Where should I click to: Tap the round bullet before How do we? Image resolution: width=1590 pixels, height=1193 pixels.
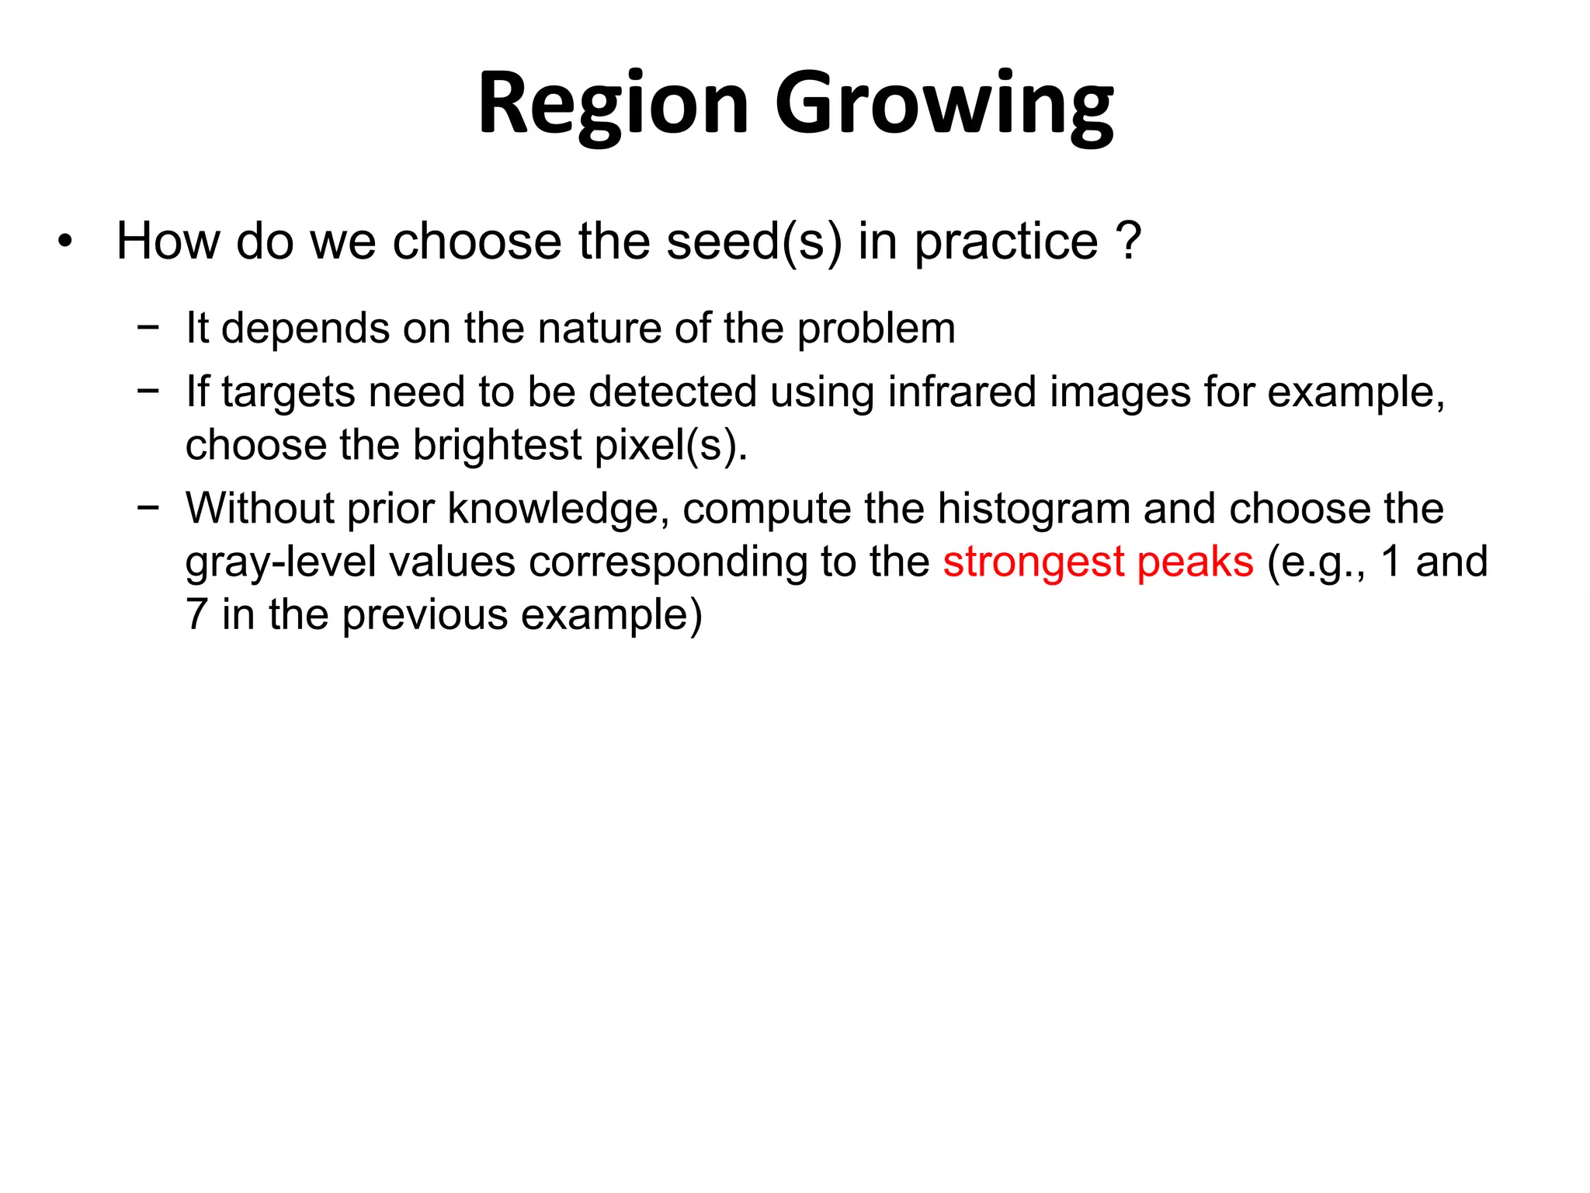[x=65, y=242]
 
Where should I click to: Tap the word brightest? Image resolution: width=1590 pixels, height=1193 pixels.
[x=498, y=445]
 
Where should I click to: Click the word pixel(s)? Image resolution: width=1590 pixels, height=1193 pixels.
[x=671, y=445]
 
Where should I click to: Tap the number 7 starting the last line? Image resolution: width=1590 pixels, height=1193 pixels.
[x=196, y=614]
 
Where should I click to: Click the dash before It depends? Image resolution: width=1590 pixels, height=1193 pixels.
[x=148, y=327]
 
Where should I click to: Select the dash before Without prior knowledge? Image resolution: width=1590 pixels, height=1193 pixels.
[x=148, y=507]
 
